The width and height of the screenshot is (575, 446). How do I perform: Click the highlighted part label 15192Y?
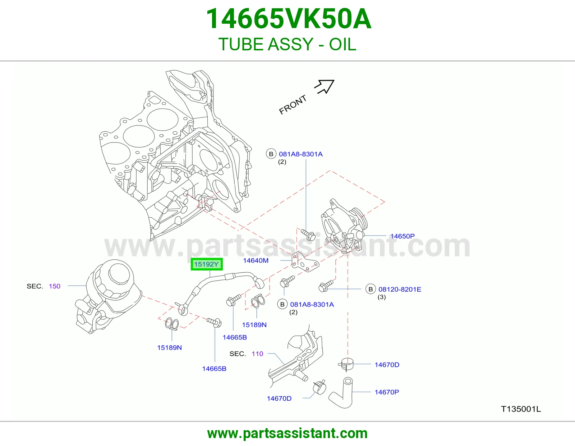coord(206,264)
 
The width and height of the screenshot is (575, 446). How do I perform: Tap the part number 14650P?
coord(402,236)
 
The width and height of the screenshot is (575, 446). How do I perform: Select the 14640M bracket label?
coord(256,260)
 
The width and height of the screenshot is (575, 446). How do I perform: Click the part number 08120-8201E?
coord(400,289)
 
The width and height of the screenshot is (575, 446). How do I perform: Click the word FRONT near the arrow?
coord(293,105)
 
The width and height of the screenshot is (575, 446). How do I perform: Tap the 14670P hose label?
coord(387,392)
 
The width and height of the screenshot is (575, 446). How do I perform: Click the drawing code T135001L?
coord(521,409)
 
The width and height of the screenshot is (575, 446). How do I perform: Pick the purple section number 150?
coord(55,286)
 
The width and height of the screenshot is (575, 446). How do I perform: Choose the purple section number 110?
coord(257,354)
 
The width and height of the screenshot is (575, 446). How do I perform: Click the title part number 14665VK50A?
coord(289,19)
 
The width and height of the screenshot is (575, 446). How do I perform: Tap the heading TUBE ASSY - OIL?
coord(287,44)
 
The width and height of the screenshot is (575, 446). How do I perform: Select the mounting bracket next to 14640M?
coord(305,262)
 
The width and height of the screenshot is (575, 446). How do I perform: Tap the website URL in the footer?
coord(287,433)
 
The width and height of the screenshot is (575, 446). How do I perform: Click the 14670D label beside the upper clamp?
coord(387,365)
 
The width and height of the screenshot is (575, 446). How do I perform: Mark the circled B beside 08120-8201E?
coord(371,289)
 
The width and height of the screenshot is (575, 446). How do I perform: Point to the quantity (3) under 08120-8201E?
coord(382,297)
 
